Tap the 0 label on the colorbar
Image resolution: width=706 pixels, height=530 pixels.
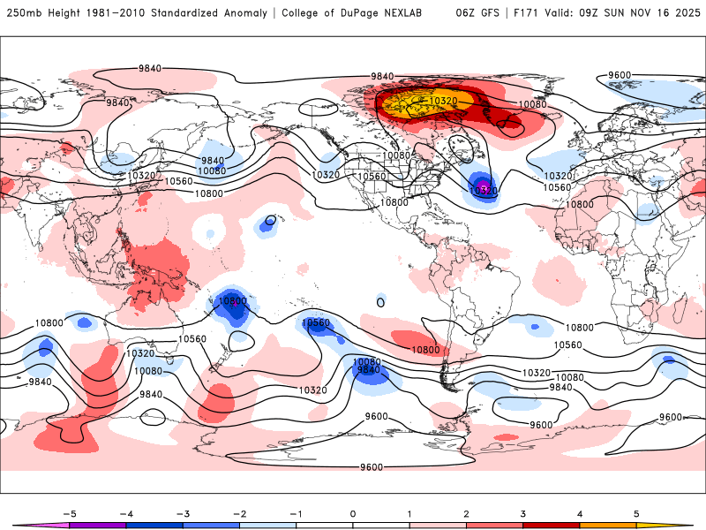[x=353, y=512]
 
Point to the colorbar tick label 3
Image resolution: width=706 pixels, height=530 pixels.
[x=523, y=512]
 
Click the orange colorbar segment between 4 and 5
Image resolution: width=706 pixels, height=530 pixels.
[x=609, y=525]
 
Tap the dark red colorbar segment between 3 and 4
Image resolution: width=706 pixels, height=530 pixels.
[x=552, y=525]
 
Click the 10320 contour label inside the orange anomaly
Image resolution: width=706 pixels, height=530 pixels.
[x=443, y=102]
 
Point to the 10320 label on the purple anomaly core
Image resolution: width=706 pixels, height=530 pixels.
[x=483, y=190]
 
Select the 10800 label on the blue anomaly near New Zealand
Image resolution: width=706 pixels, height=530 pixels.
[x=232, y=301]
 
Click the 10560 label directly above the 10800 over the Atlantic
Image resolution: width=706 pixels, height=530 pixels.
[x=557, y=187]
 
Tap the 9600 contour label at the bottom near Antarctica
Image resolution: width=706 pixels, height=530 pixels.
[x=372, y=466]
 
